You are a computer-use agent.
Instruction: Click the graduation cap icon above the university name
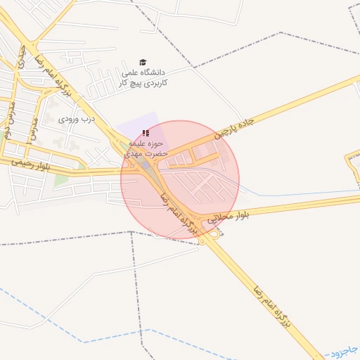tap(143, 63)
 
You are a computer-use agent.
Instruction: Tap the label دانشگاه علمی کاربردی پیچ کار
tap(144, 77)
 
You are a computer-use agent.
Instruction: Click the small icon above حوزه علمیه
tap(146, 133)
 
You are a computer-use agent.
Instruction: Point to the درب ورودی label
tap(77, 120)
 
